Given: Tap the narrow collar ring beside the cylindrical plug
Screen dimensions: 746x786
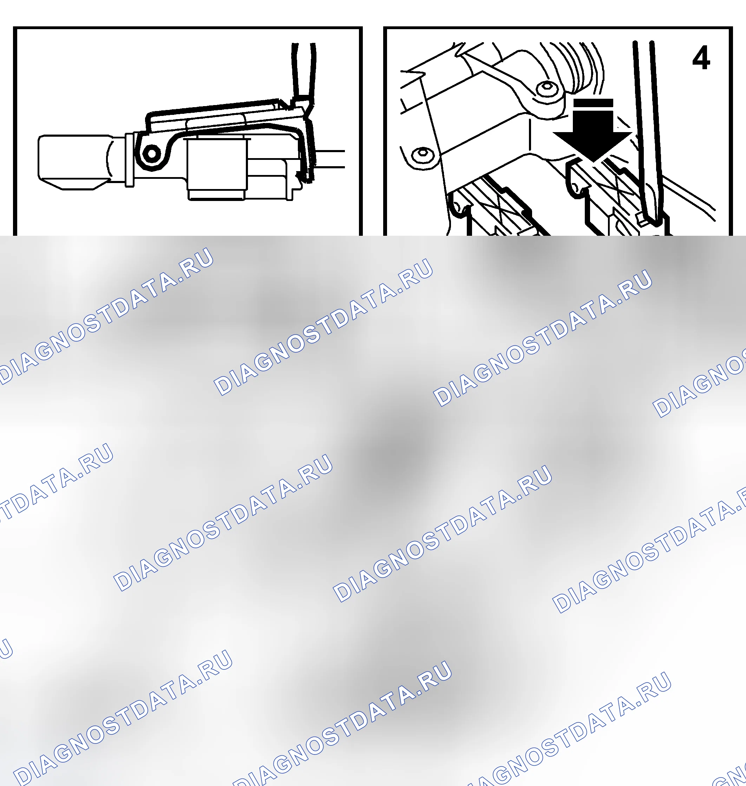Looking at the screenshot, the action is click(x=129, y=160).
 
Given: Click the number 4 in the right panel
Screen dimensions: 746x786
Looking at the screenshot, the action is click(x=701, y=58).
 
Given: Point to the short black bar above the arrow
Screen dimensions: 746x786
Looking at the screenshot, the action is click(x=593, y=103).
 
